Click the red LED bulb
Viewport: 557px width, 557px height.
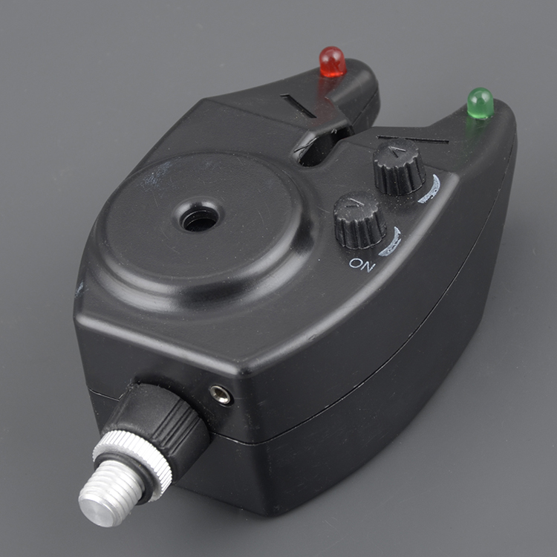click(333, 62)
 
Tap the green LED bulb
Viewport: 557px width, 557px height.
click(481, 103)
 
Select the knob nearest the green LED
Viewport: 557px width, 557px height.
click(399, 166)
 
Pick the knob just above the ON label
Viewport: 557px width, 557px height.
click(360, 221)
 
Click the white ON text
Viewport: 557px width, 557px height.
click(362, 265)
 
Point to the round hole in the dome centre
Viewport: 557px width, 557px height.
click(199, 218)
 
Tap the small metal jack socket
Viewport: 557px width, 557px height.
click(221, 394)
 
